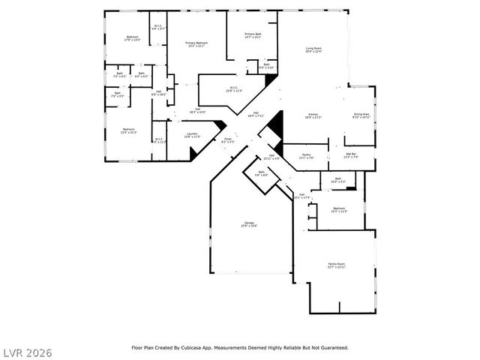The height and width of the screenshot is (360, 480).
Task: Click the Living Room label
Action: pos(313,50)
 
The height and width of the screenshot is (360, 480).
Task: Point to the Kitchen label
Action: pos(313,115)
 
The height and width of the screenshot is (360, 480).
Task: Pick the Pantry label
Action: pos(306,156)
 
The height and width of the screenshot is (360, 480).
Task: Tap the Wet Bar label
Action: pos(351,156)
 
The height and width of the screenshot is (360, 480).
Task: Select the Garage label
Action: pos(248,224)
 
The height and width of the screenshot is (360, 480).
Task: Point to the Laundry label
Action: pos(192,135)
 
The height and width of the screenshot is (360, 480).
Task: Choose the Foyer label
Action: pos(228,139)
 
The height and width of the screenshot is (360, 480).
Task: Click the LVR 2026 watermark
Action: pos(27,351)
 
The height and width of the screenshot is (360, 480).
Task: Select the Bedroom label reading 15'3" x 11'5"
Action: pos(339,210)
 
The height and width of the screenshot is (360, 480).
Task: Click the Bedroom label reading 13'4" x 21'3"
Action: pos(129,131)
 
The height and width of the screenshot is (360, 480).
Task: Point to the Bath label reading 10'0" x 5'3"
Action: pos(337,180)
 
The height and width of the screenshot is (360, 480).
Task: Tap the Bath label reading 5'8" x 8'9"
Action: pos(261,173)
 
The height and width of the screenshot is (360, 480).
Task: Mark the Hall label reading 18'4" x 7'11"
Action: pos(255,115)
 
